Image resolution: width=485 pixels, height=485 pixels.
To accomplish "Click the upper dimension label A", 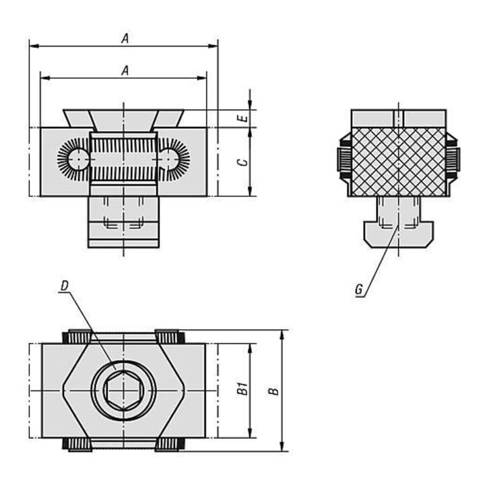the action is tap(125, 38).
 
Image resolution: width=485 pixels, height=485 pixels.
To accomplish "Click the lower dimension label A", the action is tap(125, 71).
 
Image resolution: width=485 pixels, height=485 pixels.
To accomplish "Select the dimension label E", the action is tap(245, 119).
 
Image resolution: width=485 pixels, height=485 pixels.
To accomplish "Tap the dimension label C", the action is tap(245, 162).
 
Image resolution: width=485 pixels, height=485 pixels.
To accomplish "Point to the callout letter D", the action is tap(64, 286).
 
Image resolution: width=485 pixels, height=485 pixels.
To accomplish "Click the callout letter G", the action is tap(359, 290).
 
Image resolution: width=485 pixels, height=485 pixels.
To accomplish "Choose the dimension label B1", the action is tap(243, 389).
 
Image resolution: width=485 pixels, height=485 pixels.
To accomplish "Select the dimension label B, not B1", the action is tap(273, 391).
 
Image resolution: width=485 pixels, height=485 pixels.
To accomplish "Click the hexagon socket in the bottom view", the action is tap(123, 391).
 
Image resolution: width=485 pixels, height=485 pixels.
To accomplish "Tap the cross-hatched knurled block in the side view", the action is tap(399, 162).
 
